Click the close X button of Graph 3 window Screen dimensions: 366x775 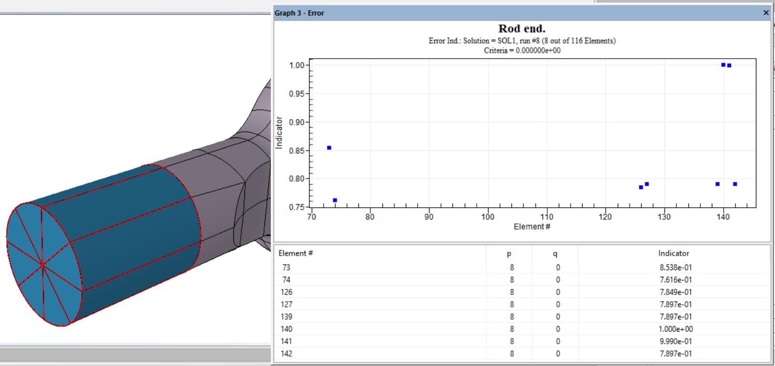click(766, 13)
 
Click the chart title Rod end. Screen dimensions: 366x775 click(521, 29)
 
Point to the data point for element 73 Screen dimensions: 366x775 click(329, 148)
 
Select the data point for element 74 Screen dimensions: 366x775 click(335, 200)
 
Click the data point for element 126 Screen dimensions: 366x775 click(641, 187)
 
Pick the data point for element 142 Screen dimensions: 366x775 click(735, 184)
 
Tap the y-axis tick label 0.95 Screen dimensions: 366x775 click(299, 94)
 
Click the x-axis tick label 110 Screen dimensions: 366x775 click(547, 217)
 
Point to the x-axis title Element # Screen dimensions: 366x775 click(529, 227)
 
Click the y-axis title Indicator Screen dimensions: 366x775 click(279, 133)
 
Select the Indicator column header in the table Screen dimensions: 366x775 click(673, 254)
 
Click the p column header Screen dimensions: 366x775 click(511, 254)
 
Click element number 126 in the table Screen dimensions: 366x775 click(287, 292)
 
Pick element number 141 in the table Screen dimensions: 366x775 click(287, 342)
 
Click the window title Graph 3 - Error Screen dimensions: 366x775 click(299, 13)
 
